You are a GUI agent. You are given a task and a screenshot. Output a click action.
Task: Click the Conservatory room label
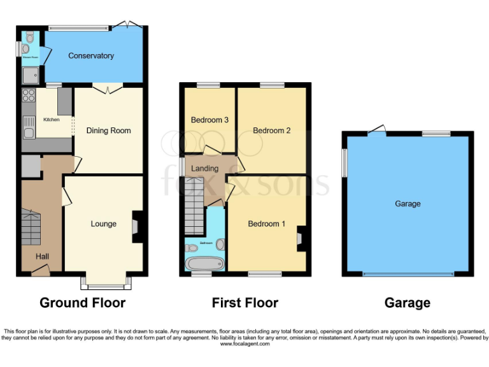pos(91,55)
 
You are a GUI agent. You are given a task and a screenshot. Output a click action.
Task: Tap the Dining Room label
pos(108,131)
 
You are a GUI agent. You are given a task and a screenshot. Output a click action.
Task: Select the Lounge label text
pos(103,224)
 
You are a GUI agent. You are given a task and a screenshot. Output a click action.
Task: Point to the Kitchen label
pos(51,120)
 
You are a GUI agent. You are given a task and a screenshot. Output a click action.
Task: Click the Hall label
pos(42,256)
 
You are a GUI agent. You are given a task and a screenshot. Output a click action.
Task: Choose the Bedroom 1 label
pos(267,224)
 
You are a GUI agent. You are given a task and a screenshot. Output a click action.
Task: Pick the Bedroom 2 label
pos(271,131)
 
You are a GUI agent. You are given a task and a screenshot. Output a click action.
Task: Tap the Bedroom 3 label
pos(209,120)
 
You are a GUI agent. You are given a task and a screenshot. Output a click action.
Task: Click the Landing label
pos(205,168)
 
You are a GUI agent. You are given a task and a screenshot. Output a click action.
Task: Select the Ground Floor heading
pos(82,303)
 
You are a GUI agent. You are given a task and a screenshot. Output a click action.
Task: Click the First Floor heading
pos(245,303)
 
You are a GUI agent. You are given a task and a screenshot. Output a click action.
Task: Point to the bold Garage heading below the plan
pos(407,303)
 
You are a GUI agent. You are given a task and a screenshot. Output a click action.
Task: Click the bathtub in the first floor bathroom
pos(201,263)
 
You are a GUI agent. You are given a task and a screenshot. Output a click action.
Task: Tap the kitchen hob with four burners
pos(29,96)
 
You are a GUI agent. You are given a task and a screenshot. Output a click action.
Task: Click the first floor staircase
pos(194,213)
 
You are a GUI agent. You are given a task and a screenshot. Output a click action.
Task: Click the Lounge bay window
pos(106,281)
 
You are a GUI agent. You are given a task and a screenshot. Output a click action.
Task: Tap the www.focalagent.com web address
pos(245,343)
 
